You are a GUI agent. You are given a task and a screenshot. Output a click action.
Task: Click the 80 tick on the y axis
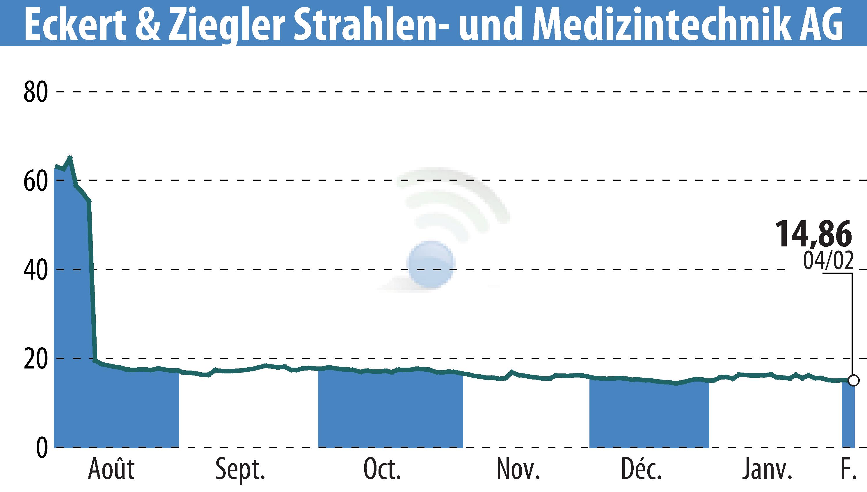pyautogui.click(x=35, y=92)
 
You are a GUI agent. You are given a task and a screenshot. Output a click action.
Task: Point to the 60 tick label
pyautogui.click(x=35, y=181)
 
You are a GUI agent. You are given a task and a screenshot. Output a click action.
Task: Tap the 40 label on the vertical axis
pyautogui.click(x=35, y=270)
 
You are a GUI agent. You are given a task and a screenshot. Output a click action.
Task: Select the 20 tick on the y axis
pyautogui.click(x=35, y=359)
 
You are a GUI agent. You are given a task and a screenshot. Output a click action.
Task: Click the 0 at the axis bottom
pyautogui.click(x=42, y=448)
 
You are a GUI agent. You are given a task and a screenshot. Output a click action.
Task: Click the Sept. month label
pyautogui.click(x=240, y=470)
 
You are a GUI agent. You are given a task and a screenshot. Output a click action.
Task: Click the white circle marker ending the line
pyautogui.click(x=854, y=380)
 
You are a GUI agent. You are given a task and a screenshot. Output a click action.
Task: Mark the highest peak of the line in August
pyautogui.click(x=70, y=158)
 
